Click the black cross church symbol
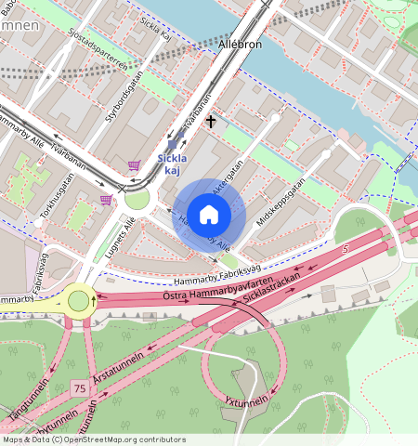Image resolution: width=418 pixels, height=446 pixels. (x=211, y=122)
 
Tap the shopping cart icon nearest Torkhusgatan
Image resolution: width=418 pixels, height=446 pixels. (x=105, y=199)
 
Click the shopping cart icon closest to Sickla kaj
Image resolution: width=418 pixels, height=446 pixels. (x=136, y=165)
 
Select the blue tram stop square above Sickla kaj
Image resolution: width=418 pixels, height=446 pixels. (x=172, y=144)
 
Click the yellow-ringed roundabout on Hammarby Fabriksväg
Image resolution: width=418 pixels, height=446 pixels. (x=79, y=300)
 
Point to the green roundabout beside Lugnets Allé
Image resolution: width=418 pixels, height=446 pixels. (x=137, y=199)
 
